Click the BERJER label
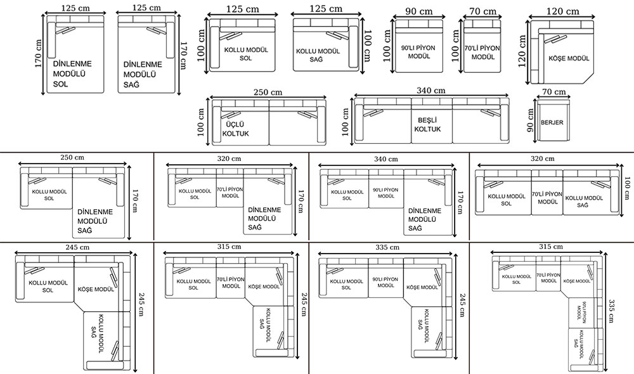(552, 122)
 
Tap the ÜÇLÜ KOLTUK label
(235, 129)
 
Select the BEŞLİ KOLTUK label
(427, 124)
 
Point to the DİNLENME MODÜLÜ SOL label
(72, 74)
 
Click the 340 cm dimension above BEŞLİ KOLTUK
(431, 91)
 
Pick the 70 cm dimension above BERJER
(554, 92)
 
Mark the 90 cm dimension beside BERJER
(531, 120)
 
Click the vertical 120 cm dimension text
(522, 51)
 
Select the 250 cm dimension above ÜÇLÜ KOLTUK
(268, 92)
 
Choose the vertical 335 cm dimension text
(611, 311)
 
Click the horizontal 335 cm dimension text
(387, 247)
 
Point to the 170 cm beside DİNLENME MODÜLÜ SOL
(39, 53)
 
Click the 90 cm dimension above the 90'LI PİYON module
(419, 11)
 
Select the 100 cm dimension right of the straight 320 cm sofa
(627, 188)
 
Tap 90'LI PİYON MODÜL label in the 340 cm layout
(385, 193)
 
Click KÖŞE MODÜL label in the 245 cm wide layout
(96, 290)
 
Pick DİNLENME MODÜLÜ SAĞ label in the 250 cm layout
(95, 221)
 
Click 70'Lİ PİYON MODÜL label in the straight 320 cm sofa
(547, 198)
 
